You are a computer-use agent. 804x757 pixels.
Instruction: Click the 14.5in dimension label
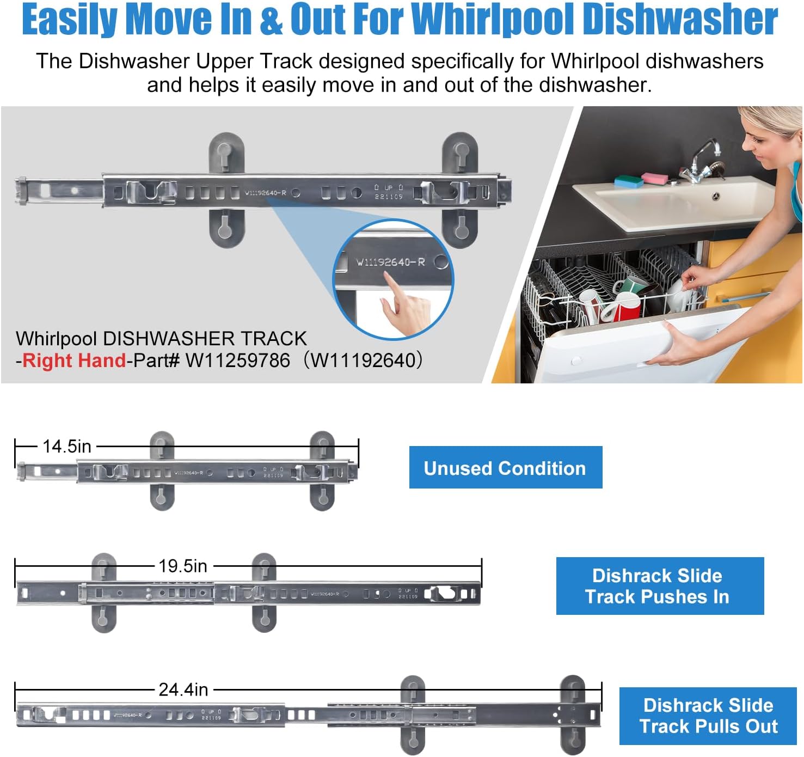coord(66,447)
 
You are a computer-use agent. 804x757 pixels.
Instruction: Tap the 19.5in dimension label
coord(183,566)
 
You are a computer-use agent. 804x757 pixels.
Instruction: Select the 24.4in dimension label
coord(183,690)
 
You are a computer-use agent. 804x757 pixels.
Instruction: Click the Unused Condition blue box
coord(505,468)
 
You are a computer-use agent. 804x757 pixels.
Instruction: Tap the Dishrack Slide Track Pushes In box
coord(659,586)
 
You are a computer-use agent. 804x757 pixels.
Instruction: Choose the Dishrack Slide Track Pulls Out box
coord(708,716)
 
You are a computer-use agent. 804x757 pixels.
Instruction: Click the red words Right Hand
coord(74,361)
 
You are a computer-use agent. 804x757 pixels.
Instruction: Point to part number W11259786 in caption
coord(237,361)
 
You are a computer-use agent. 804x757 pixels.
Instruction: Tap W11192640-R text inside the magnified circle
coord(390,262)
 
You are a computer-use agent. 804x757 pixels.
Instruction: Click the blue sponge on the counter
coord(629,181)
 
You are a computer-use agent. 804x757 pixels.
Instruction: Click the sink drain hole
coord(716,197)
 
